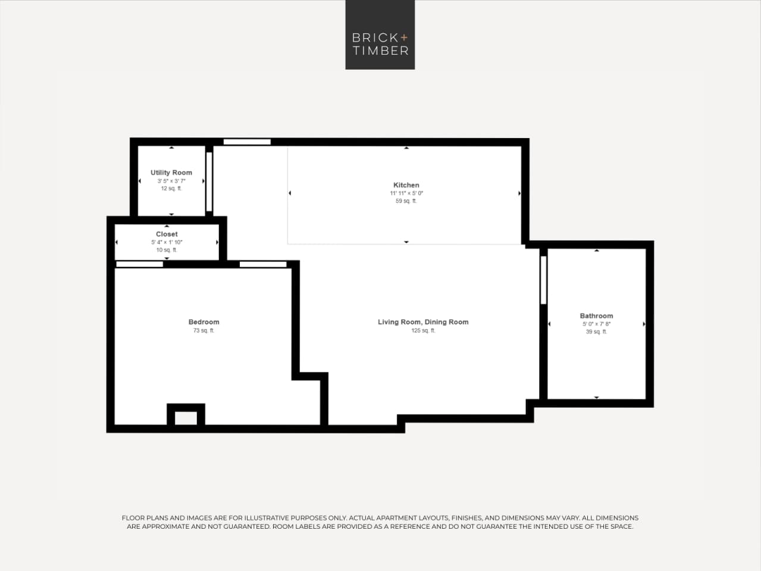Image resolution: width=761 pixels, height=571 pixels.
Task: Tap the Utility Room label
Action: pos(171,173)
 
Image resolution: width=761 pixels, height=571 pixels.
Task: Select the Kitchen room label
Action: pos(406,185)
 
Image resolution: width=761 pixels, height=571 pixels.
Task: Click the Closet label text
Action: pos(167,234)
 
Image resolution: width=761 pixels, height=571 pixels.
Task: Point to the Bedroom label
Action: pos(203,322)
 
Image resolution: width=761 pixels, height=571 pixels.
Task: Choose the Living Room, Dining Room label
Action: pos(423,322)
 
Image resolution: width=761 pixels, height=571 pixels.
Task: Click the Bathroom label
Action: pos(596,316)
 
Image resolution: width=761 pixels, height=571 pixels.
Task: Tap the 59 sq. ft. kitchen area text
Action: pos(406,201)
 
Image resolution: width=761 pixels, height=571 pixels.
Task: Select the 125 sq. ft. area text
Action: pos(423,330)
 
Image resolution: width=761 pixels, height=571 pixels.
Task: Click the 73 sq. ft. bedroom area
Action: pos(203,330)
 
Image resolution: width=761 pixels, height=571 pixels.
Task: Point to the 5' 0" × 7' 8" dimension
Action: pos(596,324)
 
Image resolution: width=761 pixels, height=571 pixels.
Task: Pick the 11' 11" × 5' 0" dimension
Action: pos(406,194)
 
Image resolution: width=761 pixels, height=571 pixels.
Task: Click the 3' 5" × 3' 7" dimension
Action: pos(171,181)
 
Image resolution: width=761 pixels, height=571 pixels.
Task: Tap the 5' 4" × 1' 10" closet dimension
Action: pos(167,242)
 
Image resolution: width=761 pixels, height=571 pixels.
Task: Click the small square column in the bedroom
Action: pos(186,416)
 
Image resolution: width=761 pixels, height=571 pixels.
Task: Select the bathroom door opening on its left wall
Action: pos(543,280)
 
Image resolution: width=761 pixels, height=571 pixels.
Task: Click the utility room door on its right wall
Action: pos(209,182)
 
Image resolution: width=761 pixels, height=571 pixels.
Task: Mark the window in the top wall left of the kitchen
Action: pos(247,142)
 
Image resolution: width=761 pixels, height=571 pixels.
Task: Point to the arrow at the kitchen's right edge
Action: pos(519,194)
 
